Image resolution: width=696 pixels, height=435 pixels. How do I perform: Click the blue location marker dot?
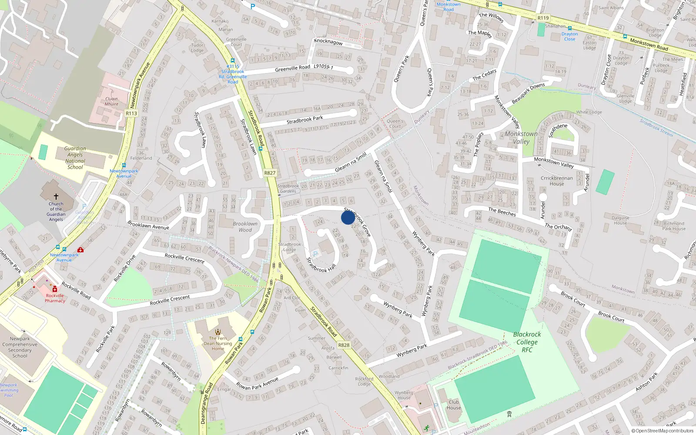(348, 217)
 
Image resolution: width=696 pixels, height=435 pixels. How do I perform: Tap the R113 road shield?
(131, 114)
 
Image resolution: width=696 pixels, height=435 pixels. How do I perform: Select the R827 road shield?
(270, 173)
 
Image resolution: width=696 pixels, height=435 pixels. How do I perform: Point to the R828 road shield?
(344, 345)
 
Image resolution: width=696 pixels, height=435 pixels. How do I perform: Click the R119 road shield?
(543, 18)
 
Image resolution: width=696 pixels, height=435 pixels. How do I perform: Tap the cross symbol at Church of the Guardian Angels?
(56, 197)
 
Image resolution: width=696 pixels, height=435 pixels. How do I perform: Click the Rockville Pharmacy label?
(55, 298)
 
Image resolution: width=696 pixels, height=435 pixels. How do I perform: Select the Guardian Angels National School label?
(75, 157)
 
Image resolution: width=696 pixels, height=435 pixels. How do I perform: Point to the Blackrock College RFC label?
(527, 342)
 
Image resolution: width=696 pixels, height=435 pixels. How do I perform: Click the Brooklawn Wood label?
(245, 227)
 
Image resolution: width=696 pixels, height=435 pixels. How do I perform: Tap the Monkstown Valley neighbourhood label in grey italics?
(521, 137)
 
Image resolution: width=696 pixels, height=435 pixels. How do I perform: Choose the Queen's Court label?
(395, 124)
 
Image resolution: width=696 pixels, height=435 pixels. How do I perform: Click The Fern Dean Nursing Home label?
(218, 343)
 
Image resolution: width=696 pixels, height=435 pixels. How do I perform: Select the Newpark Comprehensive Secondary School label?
(20, 347)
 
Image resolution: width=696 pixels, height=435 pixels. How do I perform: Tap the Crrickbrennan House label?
(557, 181)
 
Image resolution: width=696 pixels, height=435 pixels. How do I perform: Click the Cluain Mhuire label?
(111, 101)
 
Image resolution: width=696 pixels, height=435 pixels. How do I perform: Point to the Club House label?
(454, 405)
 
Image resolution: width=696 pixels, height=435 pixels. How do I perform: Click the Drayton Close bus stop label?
(569, 37)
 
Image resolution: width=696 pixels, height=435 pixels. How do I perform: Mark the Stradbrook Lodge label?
(290, 247)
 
